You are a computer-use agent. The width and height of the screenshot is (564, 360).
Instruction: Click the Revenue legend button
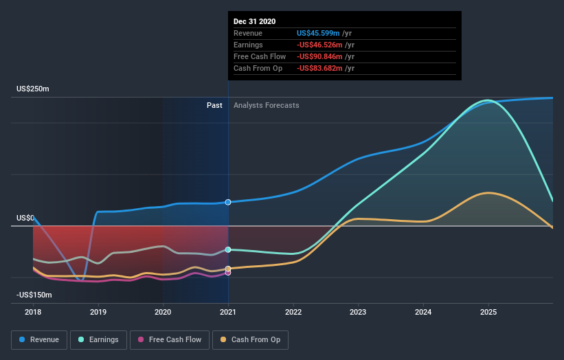click(40, 339)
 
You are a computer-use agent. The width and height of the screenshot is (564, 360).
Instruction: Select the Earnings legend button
click(98, 339)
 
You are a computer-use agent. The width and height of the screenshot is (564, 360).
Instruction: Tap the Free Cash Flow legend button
click(170, 339)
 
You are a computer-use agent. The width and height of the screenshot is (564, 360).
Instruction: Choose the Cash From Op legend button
click(251, 339)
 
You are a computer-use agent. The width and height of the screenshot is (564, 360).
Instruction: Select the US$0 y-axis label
click(25, 218)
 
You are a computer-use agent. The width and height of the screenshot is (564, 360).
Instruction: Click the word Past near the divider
click(214, 105)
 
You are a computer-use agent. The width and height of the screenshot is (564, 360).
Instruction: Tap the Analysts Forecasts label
click(267, 105)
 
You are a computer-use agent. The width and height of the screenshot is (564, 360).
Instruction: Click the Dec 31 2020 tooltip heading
click(254, 21)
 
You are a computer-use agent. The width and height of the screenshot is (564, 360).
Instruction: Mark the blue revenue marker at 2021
click(228, 202)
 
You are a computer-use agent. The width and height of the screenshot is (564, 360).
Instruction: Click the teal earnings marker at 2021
click(228, 249)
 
